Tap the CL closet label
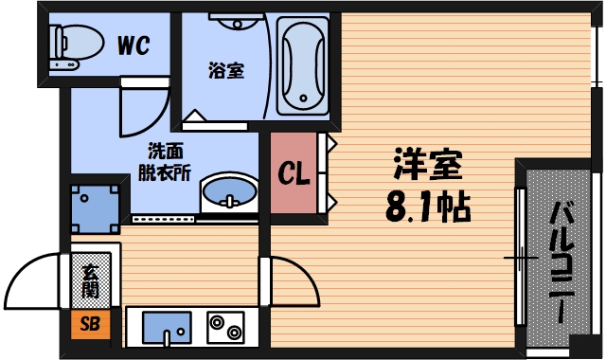point(293,174)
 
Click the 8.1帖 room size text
point(427,207)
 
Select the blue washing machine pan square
point(97,207)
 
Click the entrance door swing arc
point(33,275)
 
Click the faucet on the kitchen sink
point(168,335)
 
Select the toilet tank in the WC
point(57,42)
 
